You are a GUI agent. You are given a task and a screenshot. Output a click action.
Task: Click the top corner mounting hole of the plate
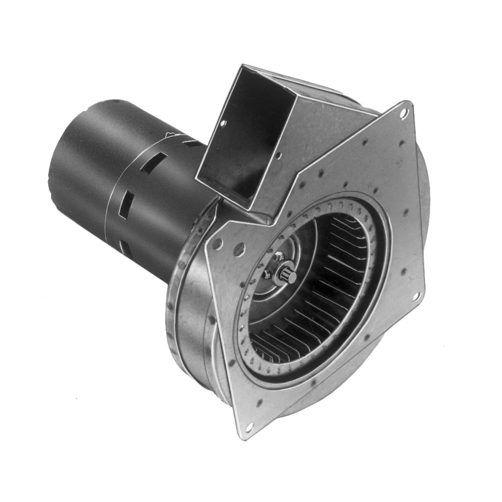click(402, 113)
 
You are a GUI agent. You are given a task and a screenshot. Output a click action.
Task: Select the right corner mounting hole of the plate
click(417, 297)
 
